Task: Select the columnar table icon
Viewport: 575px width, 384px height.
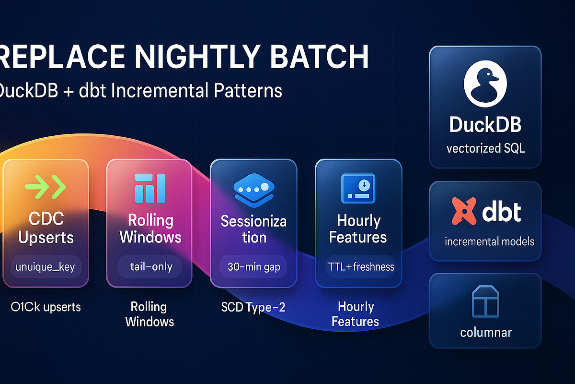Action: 485,301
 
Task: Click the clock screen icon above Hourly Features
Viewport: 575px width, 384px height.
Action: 358,187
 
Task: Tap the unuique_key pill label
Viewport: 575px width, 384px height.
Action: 46,266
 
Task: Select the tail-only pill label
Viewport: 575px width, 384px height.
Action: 149,266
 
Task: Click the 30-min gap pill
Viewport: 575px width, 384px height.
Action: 253,266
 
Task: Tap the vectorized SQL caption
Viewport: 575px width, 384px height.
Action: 485,148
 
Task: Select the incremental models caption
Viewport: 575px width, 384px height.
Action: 489,241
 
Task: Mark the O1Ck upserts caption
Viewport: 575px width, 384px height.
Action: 46,307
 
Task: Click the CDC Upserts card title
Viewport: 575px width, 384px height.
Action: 46,228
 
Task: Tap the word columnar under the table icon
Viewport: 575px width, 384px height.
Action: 485,332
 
